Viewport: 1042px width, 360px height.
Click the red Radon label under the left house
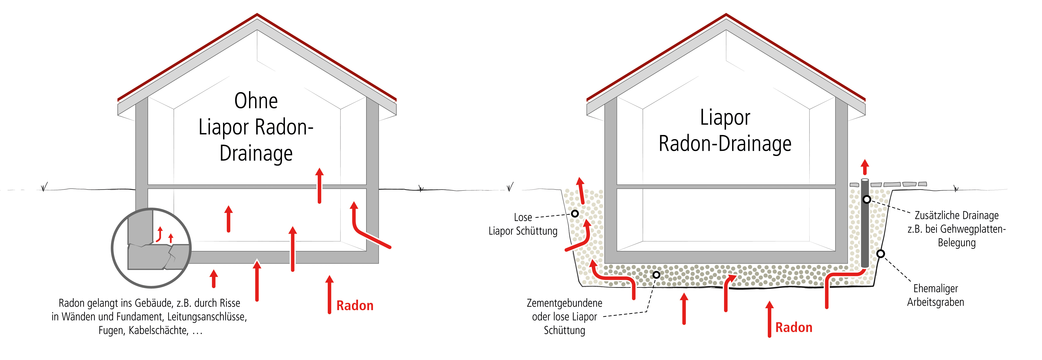[355, 306]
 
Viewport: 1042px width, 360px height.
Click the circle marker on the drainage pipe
[866, 199]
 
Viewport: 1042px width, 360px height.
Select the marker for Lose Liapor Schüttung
[575, 213]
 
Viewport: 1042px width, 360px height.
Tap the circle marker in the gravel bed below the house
[656, 275]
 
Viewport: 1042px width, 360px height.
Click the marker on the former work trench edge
[881, 254]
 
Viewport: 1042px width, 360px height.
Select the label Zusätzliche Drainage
[956, 216]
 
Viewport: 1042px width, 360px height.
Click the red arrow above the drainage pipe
[865, 167]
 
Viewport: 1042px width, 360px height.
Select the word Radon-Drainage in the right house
[725, 144]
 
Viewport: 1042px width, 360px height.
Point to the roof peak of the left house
[257, 15]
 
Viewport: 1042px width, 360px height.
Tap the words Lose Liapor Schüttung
[523, 224]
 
